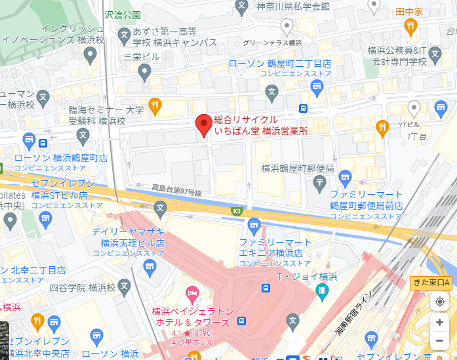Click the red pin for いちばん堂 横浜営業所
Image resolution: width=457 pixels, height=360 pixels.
pyautogui.click(x=204, y=125)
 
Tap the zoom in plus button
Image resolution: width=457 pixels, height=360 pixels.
pyautogui.click(x=439, y=322)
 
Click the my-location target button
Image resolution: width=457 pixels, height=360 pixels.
pyautogui.click(x=439, y=302)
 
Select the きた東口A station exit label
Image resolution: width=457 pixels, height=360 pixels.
pyautogui.click(x=431, y=283)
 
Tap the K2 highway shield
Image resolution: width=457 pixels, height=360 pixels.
pyautogui.click(x=237, y=211)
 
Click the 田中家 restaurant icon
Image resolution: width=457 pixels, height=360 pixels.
pyautogui.click(x=411, y=26)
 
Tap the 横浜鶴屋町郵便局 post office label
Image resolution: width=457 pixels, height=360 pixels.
pyautogui.click(x=298, y=169)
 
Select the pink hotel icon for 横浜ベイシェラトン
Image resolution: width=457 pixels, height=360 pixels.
pyautogui.click(x=192, y=292)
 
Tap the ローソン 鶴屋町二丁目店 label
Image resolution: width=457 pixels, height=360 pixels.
pyautogui.click(x=279, y=64)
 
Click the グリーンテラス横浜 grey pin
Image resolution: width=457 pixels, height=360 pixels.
pyautogui.click(x=286, y=26)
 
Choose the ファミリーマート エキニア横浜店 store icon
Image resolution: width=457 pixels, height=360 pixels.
pyautogui.click(x=254, y=226)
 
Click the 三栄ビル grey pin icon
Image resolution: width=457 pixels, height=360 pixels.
pyautogui.click(x=145, y=73)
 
